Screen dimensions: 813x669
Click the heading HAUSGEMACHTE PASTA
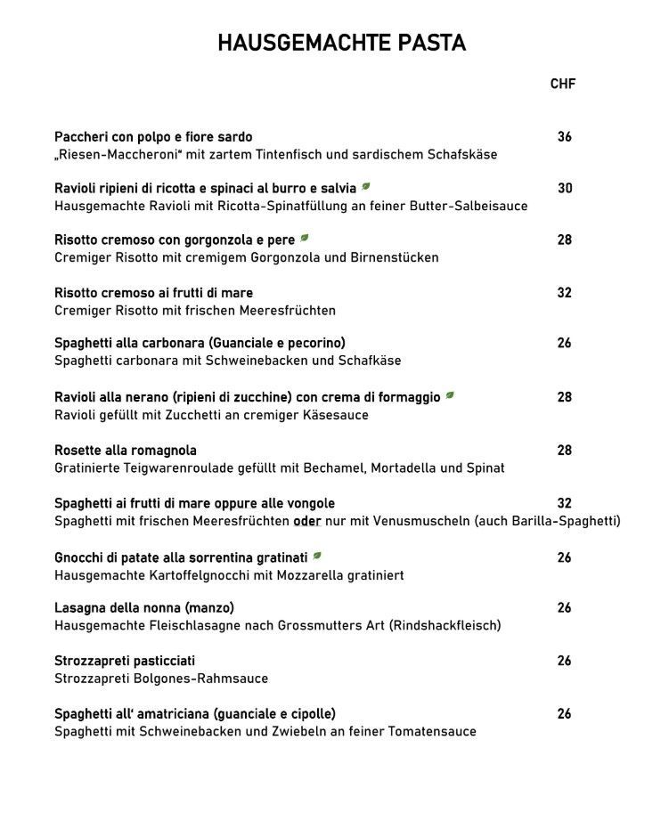[x=341, y=44]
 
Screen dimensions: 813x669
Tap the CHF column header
[x=563, y=84]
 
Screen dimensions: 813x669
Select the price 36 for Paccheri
[x=564, y=137]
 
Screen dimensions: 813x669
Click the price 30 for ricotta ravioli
[x=565, y=188]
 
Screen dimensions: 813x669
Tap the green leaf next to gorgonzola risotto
[x=305, y=239]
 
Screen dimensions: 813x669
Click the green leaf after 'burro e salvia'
[x=366, y=187]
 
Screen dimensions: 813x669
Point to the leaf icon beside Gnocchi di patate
[x=316, y=557]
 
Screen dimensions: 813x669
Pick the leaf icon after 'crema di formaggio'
[x=450, y=395]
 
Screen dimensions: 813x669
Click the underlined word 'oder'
[x=306, y=521]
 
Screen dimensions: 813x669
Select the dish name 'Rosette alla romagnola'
[x=126, y=451]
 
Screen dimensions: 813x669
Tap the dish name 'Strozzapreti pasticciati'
[x=125, y=661]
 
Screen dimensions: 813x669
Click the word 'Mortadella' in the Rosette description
[x=405, y=467]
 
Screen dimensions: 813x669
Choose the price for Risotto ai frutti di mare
[x=564, y=292]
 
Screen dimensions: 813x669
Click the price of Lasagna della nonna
[x=564, y=608]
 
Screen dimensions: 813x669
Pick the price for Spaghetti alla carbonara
[x=564, y=343]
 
